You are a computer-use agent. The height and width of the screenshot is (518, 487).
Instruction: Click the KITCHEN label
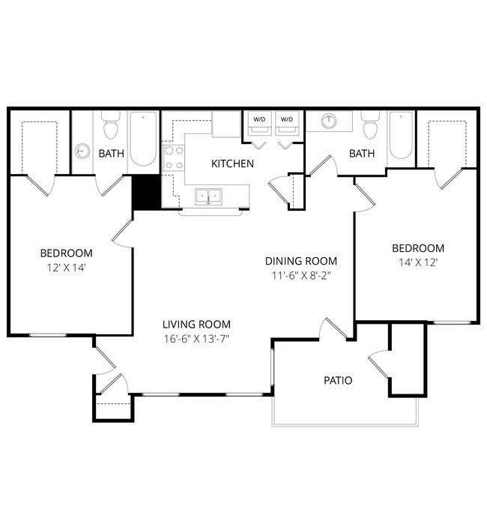point(232,163)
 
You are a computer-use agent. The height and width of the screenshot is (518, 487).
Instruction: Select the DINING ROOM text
point(301,261)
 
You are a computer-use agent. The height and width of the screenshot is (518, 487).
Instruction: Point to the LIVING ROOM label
point(196,324)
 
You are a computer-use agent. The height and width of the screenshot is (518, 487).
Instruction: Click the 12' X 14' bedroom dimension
point(66,267)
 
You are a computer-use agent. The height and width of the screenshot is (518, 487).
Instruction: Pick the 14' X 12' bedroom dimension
point(418,262)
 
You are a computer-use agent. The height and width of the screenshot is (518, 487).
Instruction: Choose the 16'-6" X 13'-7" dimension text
point(196,338)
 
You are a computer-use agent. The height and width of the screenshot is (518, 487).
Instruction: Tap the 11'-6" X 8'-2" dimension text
point(301,275)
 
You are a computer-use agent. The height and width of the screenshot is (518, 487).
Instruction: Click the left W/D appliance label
point(259,119)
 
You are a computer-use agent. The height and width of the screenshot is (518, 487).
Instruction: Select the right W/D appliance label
point(286,119)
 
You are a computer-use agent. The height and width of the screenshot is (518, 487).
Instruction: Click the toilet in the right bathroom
point(369,127)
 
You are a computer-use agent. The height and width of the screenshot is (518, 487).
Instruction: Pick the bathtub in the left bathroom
point(144,139)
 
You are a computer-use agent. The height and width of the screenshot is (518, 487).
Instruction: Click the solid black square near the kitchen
point(146,193)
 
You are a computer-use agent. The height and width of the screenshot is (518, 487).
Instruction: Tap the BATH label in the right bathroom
point(361,154)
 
